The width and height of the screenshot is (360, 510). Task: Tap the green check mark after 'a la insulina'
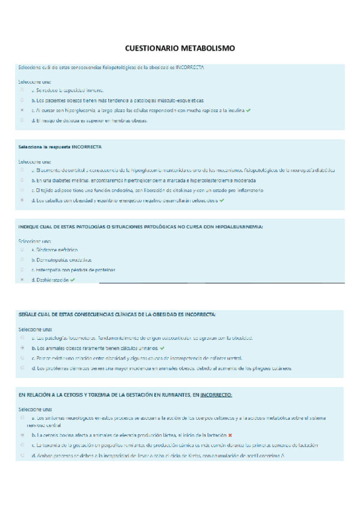coord(249,110)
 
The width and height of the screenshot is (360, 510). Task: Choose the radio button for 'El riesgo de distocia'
coord(22,120)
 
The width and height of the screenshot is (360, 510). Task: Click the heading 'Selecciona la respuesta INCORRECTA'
coord(60,147)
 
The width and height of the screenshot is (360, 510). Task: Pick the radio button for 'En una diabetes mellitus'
coord(22,180)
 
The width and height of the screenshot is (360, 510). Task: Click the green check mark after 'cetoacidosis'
coord(222,200)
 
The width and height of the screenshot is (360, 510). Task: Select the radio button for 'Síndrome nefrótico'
coord(22,250)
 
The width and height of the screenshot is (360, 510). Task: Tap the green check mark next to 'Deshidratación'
coord(73,280)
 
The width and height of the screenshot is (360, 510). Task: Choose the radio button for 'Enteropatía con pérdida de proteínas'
coord(22,270)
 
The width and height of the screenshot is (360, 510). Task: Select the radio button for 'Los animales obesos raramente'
coord(22,348)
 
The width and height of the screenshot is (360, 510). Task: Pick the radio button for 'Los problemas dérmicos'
coord(22,368)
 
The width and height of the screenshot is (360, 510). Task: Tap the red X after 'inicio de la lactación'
coord(230,434)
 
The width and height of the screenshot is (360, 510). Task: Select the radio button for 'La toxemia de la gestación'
coord(22,445)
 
